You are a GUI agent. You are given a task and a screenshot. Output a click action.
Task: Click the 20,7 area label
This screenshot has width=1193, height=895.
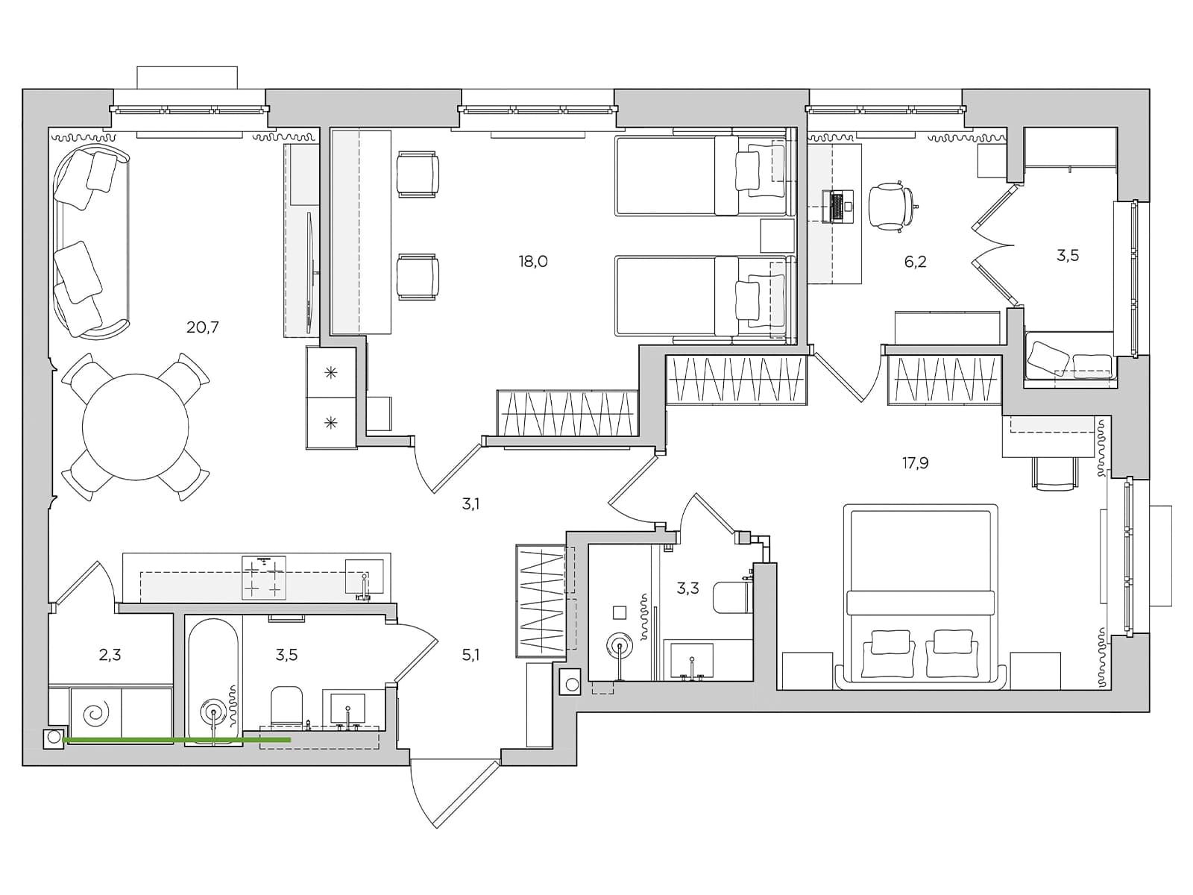click(x=202, y=327)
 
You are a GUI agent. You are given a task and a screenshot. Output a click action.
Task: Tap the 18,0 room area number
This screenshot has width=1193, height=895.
click(x=532, y=261)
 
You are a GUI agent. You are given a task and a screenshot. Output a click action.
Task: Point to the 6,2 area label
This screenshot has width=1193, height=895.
click(x=916, y=262)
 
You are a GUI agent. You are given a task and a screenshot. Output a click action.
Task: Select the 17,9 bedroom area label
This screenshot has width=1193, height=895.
click(x=916, y=463)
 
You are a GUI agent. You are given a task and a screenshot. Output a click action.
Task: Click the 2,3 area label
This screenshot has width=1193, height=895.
click(x=110, y=655)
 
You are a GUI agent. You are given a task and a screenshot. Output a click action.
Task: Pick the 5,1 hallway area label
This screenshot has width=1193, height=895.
click(x=470, y=655)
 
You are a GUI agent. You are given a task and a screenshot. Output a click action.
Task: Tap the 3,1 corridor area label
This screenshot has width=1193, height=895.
click(x=470, y=504)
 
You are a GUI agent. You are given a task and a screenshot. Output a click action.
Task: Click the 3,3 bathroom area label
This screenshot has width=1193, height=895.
click(x=687, y=588)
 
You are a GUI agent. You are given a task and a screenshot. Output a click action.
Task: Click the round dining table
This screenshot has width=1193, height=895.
click(x=136, y=427)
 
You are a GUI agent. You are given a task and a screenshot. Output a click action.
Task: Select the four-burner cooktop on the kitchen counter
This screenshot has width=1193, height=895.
click(x=264, y=577)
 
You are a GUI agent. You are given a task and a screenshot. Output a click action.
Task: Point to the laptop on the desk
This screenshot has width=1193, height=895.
click(x=837, y=207)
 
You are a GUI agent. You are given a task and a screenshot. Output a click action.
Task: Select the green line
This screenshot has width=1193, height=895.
click(x=177, y=740)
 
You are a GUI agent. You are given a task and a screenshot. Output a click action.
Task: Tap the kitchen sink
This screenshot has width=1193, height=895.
click(x=365, y=577)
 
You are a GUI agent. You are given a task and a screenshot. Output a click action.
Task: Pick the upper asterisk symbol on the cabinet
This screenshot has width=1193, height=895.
click(x=330, y=372)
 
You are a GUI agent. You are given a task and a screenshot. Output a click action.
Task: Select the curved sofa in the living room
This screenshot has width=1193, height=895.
click(x=91, y=243)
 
